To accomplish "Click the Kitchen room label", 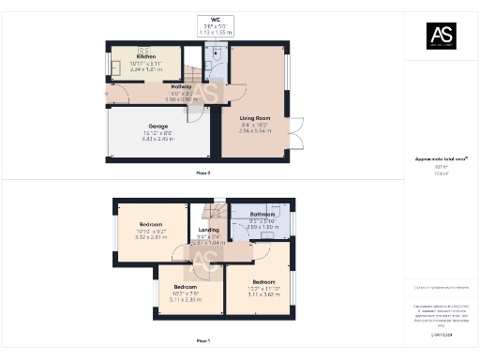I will click(x=119, y=56).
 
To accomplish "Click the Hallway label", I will click(x=156, y=86).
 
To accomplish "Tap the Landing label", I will click(x=209, y=230).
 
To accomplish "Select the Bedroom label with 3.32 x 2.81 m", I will click(x=151, y=225).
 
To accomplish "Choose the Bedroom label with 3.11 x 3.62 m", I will click(x=262, y=281).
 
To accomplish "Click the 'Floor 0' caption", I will click(x=202, y=173).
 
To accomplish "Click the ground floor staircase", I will click(x=191, y=72).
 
